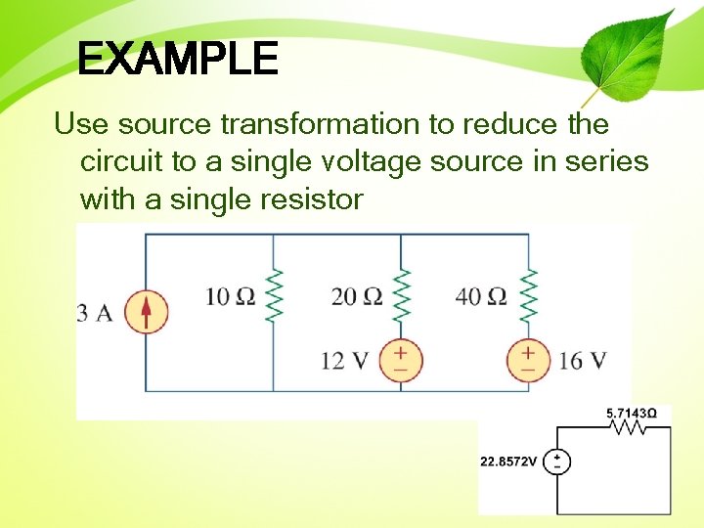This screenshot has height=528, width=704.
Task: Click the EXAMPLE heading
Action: click(x=177, y=60)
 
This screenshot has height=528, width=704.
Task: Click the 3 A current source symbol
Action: click(x=147, y=313)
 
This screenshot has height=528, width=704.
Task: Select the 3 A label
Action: click(x=95, y=313)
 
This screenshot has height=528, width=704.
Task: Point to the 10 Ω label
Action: click(x=230, y=295)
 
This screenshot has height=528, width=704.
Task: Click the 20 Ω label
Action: click(x=356, y=295)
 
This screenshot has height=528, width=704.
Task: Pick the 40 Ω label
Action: click(x=481, y=295)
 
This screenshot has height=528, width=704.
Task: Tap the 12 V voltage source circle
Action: click(x=401, y=360)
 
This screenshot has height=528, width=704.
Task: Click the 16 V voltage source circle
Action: click(x=528, y=360)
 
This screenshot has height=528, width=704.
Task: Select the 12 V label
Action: click(x=344, y=361)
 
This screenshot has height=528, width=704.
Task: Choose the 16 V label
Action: click(x=583, y=361)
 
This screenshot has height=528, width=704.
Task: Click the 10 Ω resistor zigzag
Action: click(x=275, y=295)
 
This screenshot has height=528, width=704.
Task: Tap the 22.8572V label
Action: click(x=508, y=462)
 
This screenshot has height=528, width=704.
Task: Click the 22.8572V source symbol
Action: click(x=557, y=462)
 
